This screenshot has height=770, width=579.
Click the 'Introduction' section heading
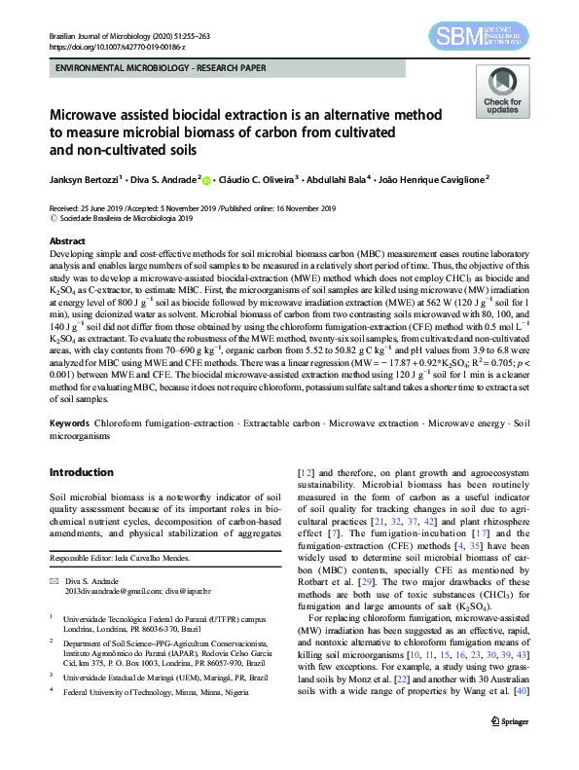tap(81, 472)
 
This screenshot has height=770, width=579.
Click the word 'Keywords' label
tap(70, 424)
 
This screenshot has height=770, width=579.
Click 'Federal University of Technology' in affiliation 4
tap(124, 691)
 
